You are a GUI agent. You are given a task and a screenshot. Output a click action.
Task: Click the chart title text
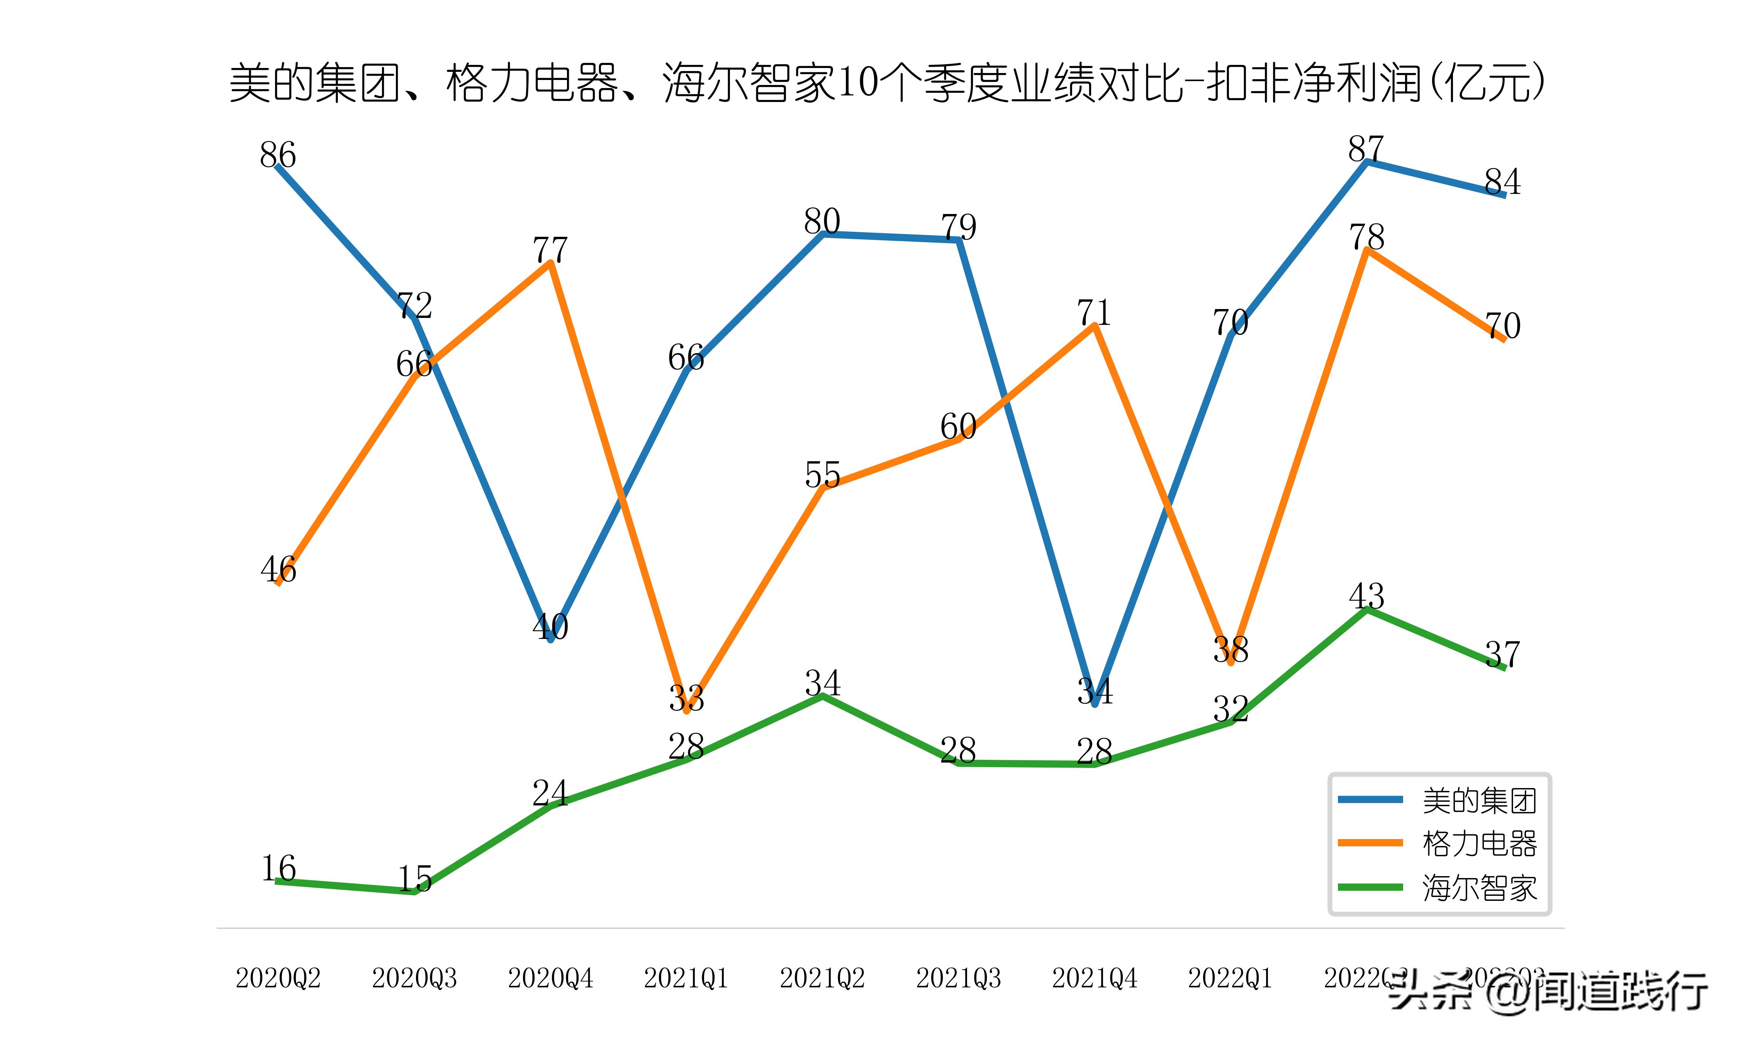tap(886, 83)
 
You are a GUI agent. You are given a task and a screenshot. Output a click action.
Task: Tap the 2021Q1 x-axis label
tap(686, 978)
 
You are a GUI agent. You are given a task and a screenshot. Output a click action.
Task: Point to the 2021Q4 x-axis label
tap(1094, 978)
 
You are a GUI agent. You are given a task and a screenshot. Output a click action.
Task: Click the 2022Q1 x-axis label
tap(1230, 978)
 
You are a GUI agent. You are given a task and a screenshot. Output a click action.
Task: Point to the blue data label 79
tap(958, 226)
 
